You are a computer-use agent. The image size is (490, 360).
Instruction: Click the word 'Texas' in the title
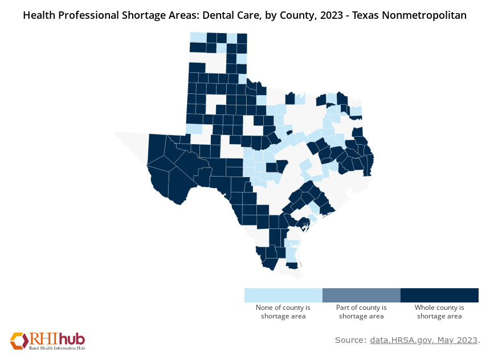point(366,16)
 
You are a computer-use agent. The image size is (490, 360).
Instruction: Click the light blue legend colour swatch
point(283,295)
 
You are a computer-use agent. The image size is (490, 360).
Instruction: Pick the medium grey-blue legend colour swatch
point(361,295)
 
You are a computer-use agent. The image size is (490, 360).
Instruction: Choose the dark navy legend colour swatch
point(439,295)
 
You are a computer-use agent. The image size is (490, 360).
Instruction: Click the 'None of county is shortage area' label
point(283,312)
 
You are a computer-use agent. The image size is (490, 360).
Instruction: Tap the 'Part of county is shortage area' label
point(361,312)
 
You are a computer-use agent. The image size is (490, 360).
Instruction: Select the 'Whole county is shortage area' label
point(439,312)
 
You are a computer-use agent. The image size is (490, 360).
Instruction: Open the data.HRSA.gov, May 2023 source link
point(423,340)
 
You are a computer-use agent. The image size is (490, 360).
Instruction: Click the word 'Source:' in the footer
point(350,340)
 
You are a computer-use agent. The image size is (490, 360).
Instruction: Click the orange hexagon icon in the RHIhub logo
point(19,340)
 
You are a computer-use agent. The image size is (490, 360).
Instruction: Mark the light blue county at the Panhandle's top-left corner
point(198,38)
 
